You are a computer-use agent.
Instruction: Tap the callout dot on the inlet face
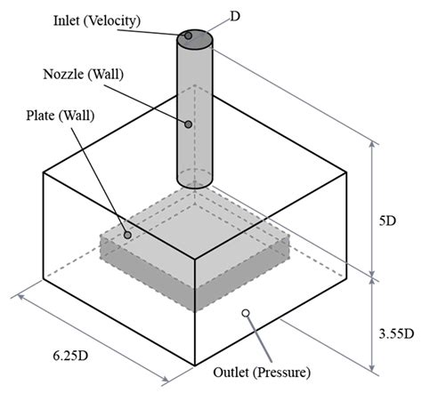pos(189,37)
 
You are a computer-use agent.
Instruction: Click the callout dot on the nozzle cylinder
pos(188,124)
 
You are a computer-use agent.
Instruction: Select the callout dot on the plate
pos(128,236)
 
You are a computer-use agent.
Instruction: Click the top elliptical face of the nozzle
pos(196,40)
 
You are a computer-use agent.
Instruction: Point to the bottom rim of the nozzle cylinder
pos(195,188)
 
